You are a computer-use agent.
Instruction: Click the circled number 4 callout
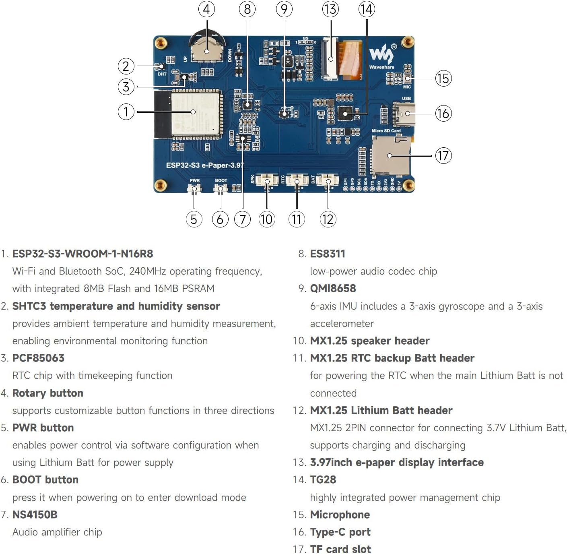pos(206,9)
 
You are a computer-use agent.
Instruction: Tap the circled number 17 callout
pos(443,155)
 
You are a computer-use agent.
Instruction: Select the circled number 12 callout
pos(328,219)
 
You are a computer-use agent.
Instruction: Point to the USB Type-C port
pos(404,114)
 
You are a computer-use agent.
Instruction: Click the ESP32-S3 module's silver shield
pos(196,113)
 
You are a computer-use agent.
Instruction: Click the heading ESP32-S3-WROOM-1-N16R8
pos(82,254)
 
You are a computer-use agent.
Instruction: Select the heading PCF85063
pos(38,358)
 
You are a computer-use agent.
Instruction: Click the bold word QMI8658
pos(333,288)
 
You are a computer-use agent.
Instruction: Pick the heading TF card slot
pos(340,549)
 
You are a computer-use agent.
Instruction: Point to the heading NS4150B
pos(35,515)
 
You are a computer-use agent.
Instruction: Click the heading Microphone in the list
pos(340,515)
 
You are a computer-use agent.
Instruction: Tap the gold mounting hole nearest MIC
pos(408,42)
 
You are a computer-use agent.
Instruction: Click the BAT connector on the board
pos(328,180)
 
